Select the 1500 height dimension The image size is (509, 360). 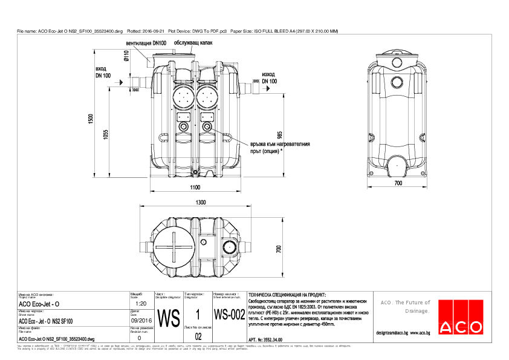pos(90,119)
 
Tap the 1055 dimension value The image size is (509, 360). pos(105,136)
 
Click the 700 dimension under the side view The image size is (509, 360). pos(398,182)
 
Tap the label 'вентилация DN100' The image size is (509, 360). pos(146,44)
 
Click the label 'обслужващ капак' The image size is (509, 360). pos(193,43)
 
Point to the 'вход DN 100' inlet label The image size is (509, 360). pos(103,73)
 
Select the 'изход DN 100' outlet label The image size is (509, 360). pos(270,77)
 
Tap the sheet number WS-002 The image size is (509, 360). pos(229,315)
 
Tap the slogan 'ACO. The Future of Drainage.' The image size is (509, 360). pos(404,306)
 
